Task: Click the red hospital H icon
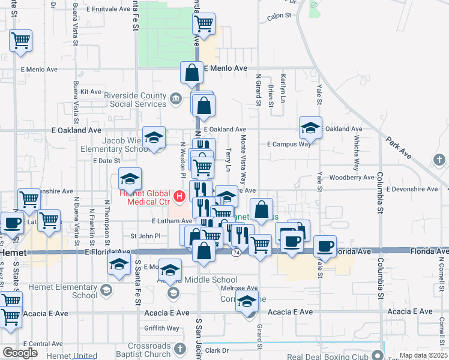[179, 196]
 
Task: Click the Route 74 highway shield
[237, 253]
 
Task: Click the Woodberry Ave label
[352, 178]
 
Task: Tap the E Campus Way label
[289, 144]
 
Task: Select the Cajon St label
[279, 16]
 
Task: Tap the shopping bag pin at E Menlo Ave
[191, 73]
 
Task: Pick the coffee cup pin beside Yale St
[325, 246]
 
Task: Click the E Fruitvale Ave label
[108, 10]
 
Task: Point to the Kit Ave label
[91, 92]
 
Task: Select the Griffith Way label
[161, 328]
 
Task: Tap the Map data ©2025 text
[423, 356]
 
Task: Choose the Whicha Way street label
[356, 157]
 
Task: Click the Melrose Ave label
[239, 289]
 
